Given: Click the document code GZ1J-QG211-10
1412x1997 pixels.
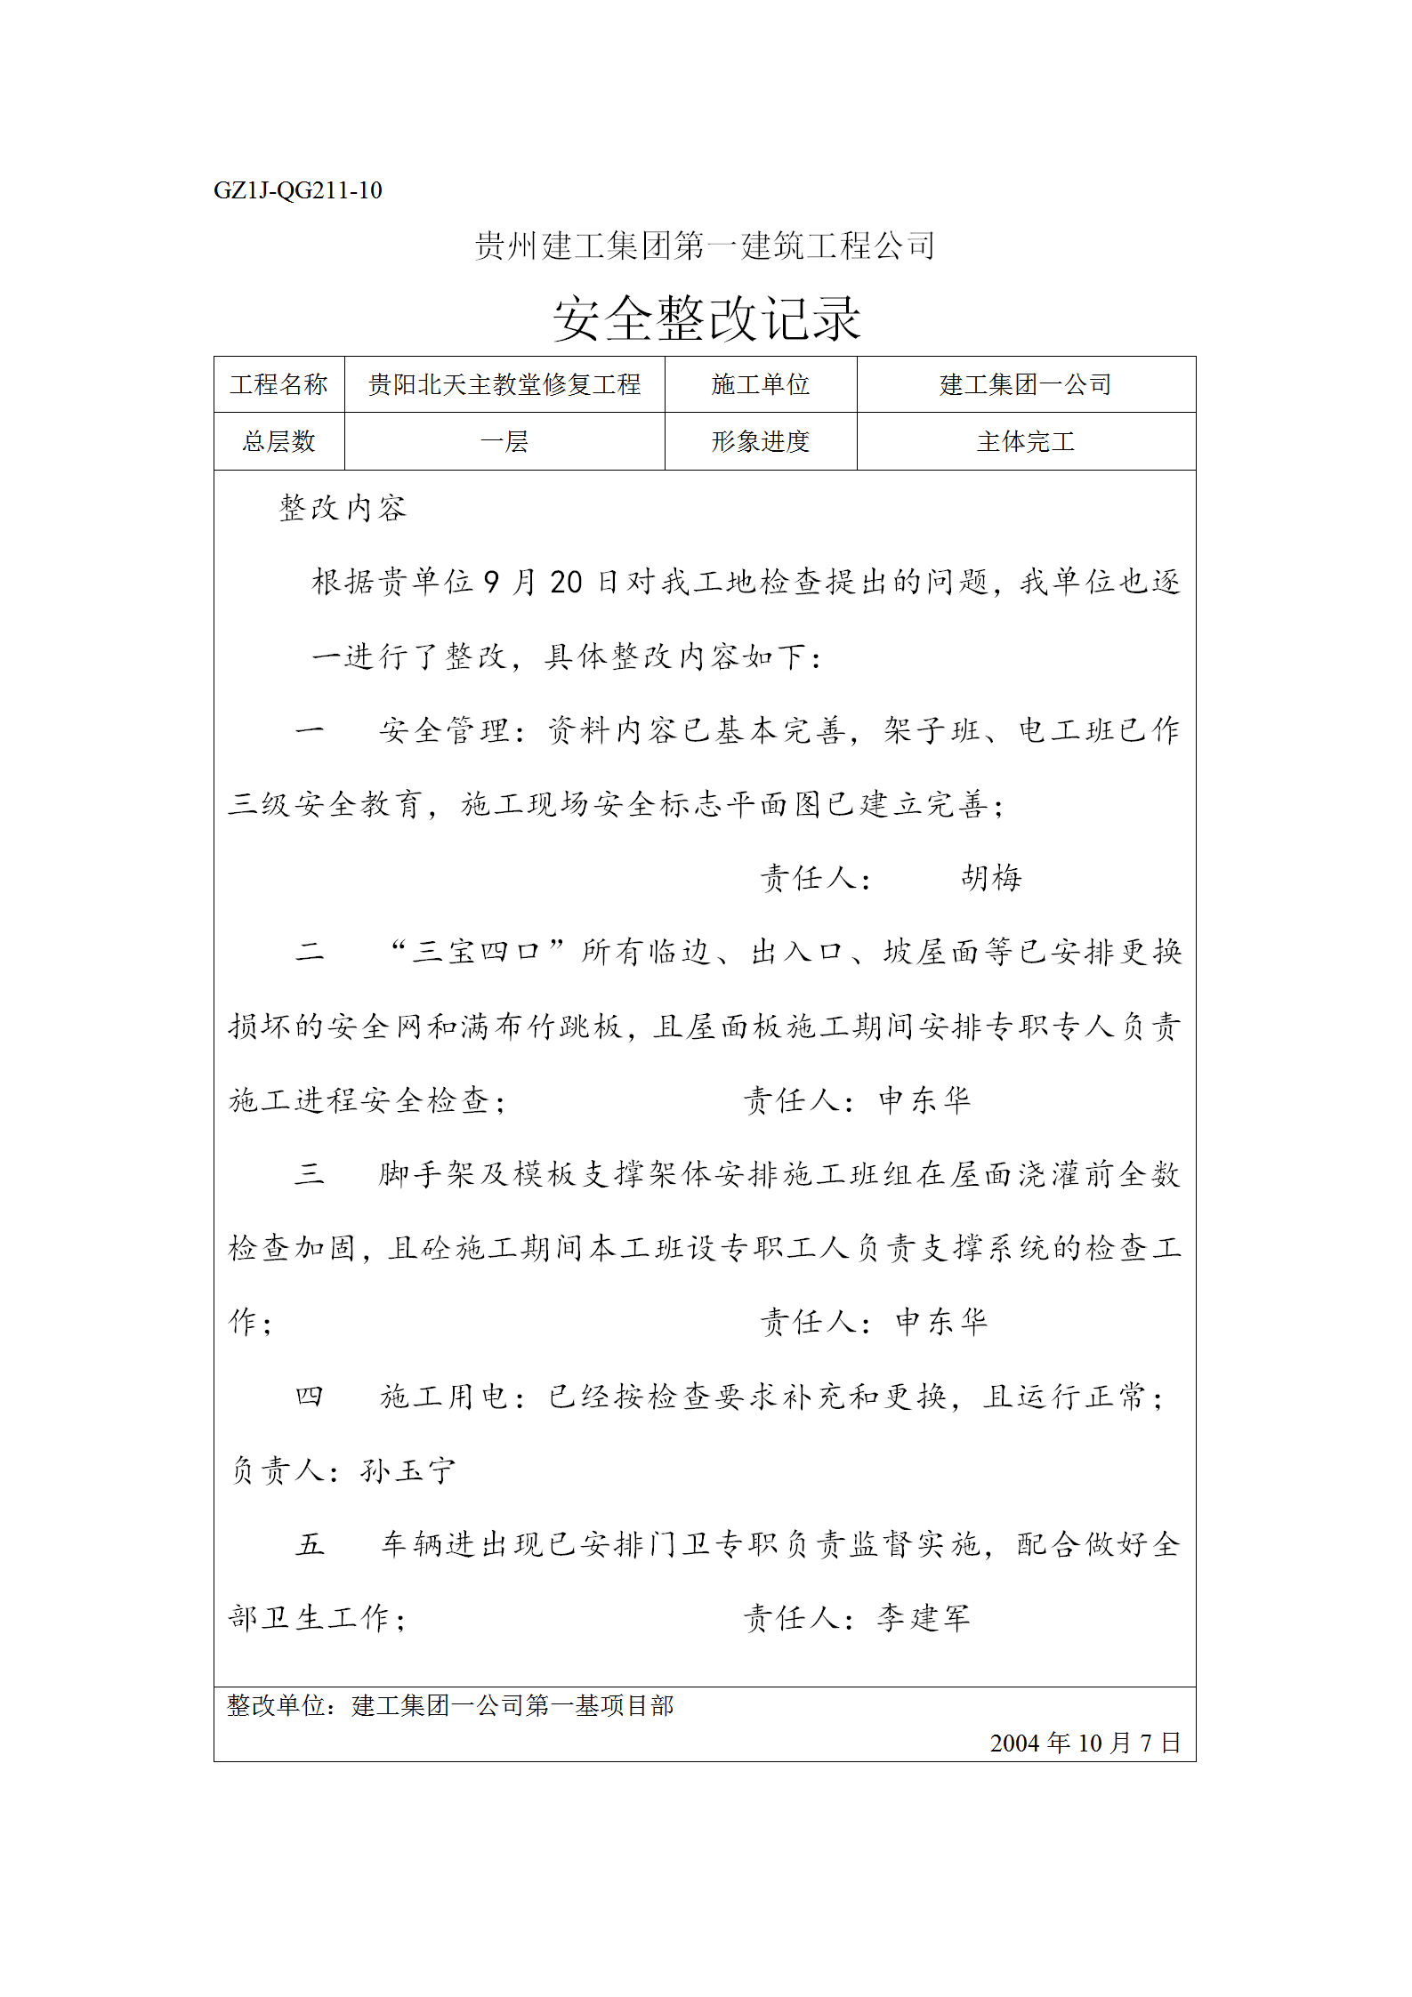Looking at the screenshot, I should (297, 190).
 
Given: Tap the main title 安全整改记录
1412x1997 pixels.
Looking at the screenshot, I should (706, 318).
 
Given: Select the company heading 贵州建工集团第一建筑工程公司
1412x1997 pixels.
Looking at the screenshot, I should (705, 246).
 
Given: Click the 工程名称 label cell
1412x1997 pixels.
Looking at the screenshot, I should (278, 384).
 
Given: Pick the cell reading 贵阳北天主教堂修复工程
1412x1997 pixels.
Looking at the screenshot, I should (504, 384).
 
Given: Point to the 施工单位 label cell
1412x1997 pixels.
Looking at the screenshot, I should (760, 384).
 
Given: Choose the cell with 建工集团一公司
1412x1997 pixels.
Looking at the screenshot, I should (1025, 384).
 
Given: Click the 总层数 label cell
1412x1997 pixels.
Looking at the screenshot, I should (278, 441).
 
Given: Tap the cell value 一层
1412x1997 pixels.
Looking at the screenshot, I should (504, 441).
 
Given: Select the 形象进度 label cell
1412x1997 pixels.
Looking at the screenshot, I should (760, 441).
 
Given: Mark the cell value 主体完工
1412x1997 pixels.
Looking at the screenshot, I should (1025, 441).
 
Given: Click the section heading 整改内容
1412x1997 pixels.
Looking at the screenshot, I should (343, 508).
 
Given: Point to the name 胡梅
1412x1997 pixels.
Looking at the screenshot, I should (991, 878).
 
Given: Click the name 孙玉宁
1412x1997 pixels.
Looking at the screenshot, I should (407, 1470).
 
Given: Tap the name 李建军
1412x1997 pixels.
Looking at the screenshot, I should (923, 1618).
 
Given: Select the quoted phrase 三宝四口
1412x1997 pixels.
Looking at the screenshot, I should (478, 952).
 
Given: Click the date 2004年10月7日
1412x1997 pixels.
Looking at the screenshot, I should (1085, 1743).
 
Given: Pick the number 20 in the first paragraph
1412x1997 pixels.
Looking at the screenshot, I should (566, 583).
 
